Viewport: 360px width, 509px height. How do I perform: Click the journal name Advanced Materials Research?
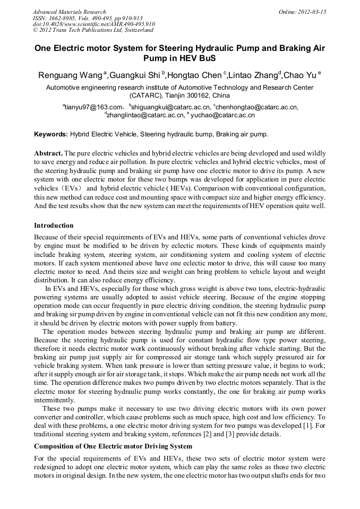69,12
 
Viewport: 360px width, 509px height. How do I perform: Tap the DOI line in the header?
94,24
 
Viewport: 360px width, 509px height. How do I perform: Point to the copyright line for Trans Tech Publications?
93,30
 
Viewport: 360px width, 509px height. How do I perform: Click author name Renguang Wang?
70,75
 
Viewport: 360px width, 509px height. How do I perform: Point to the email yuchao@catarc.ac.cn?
222,115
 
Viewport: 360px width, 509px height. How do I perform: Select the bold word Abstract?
49,152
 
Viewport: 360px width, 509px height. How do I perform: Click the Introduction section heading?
54,226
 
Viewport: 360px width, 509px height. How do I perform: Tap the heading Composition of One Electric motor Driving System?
113,446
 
